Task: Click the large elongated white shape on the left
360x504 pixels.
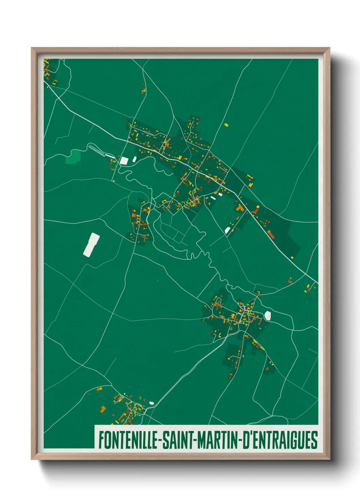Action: coord(92,245)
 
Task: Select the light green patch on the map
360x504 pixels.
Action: coord(73,156)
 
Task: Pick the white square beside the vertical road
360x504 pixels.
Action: coord(124,160)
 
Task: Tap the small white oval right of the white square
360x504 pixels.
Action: coord(134,159)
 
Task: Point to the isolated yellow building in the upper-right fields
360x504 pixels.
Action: coord(226,125)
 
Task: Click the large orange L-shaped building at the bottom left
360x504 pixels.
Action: coord(103,409)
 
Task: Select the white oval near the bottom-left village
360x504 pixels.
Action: coord(151,403)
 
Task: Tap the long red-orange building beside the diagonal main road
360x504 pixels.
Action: coord(271,234)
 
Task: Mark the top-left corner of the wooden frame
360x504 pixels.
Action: coord(32,48)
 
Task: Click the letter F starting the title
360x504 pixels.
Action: coord(101,440)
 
